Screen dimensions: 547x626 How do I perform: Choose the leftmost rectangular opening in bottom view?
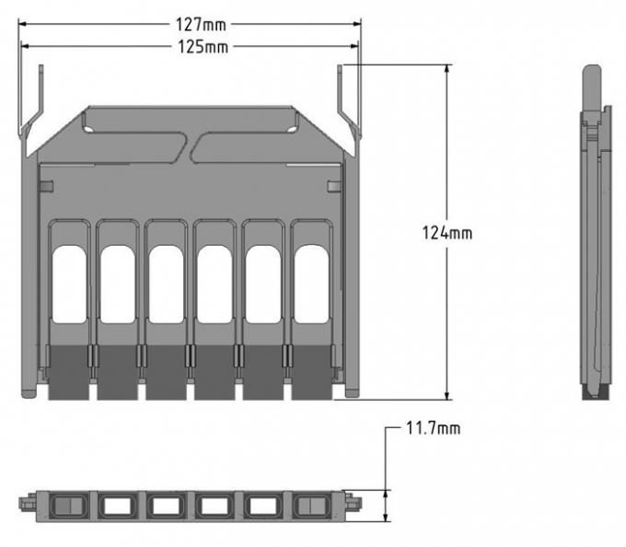pyautogui.click(x=69, y=505)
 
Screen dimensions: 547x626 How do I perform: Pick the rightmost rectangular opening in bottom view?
pyautogui.click(x=311, y=505)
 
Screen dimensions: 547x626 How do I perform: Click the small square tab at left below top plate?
pyautogui.click(x=49, y=187)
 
